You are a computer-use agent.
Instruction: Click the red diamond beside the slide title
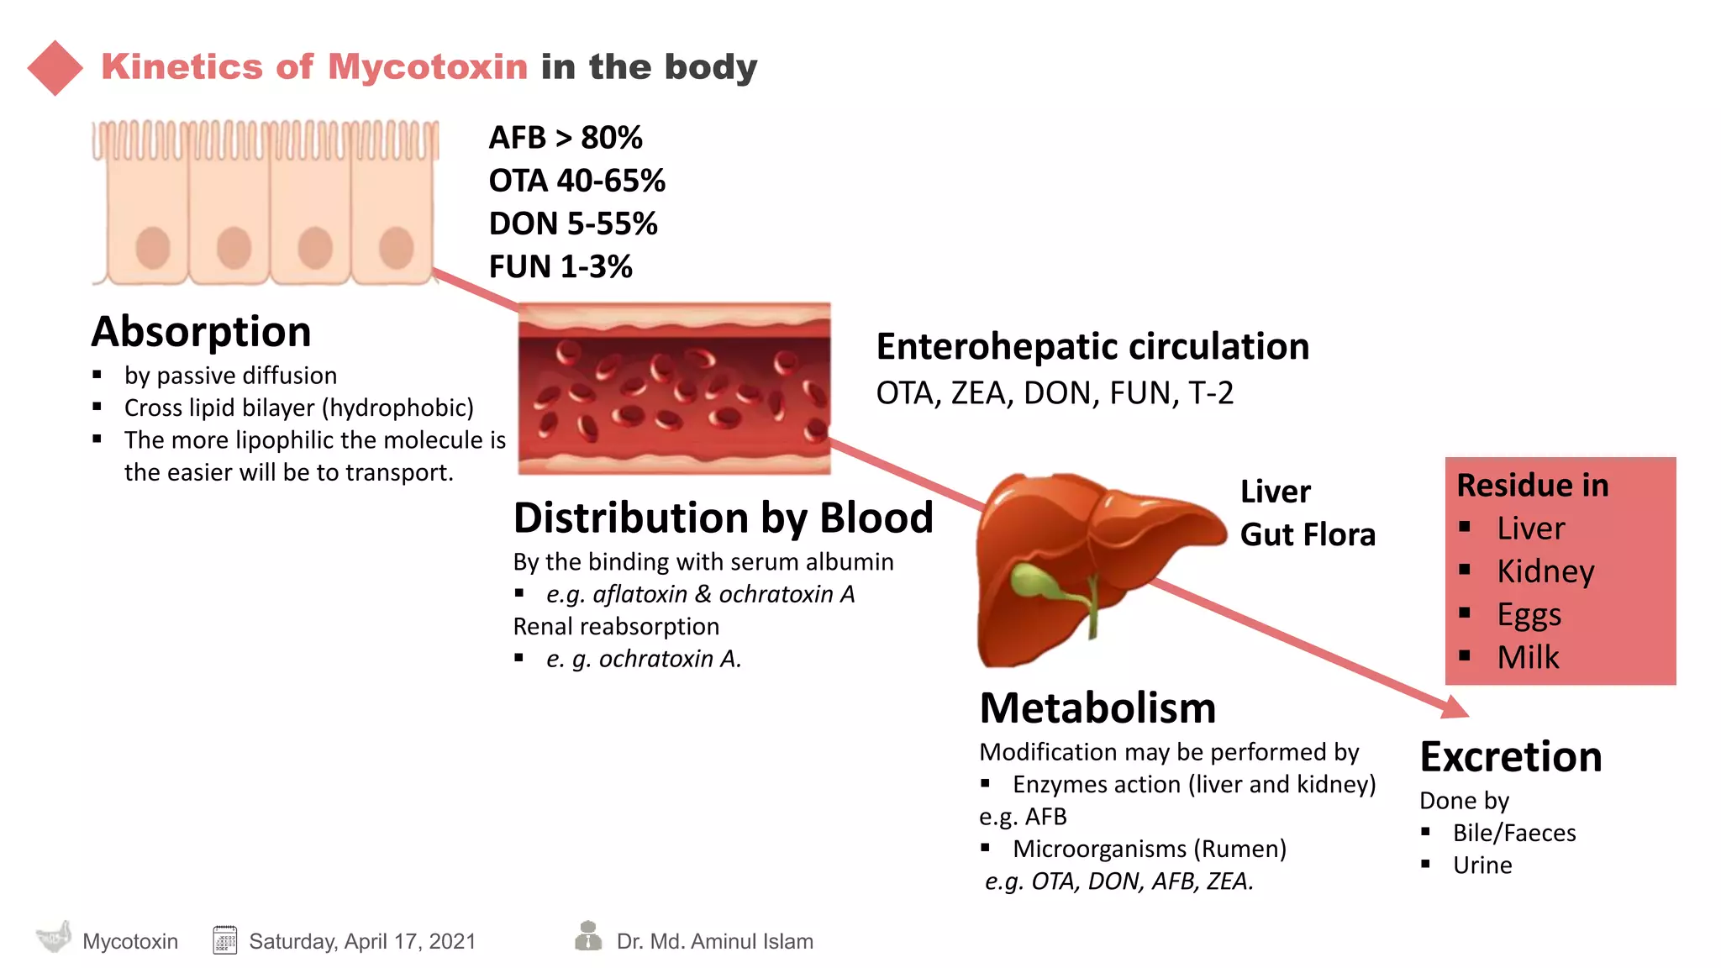pos(55,68)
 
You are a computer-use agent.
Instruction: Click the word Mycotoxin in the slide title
pos(428,67)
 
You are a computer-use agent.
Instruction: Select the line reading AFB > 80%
pos(566,138)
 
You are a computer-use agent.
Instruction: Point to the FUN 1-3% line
pos(561,267)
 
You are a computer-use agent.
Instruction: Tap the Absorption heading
pos(202,331)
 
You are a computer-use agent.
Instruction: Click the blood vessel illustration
pos(674,388)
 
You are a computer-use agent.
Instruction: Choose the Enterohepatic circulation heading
pos(1092,346)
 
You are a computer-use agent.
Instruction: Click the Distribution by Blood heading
pos(724,518)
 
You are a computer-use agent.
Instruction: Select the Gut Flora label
pos(1308,534)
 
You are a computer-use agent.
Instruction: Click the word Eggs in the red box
pos(1529,614)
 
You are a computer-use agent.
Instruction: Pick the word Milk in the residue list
pos(1528,657)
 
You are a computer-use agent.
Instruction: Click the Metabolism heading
pos(1097,708)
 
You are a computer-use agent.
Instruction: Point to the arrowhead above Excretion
pos(1455,708)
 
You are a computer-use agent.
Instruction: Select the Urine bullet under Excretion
pos(1482,865)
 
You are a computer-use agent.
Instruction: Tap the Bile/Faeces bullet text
pos(1514,833)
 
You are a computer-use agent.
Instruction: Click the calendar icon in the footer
pos(225,940)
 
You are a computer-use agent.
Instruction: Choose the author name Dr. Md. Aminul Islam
pos(714,941)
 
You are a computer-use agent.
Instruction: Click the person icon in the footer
pos(588,935)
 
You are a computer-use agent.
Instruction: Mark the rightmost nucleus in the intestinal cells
pos(396,248)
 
